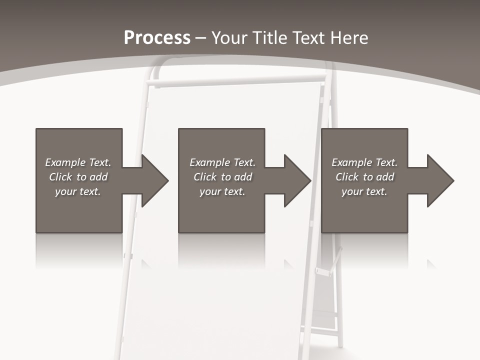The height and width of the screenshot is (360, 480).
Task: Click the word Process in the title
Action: (157, 38)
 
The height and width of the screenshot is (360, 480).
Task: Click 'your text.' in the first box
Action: (78, 191)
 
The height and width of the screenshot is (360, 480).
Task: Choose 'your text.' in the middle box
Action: (222, 191)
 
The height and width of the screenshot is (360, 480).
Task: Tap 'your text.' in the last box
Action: (364, 191)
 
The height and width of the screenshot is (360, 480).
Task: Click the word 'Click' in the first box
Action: (60, 177)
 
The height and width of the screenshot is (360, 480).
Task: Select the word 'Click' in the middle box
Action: (205, 177)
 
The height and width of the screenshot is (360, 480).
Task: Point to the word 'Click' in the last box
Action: (347, 177)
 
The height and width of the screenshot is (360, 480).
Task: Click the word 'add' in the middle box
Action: (242, 177)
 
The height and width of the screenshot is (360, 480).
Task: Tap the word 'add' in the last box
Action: (384, 177)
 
